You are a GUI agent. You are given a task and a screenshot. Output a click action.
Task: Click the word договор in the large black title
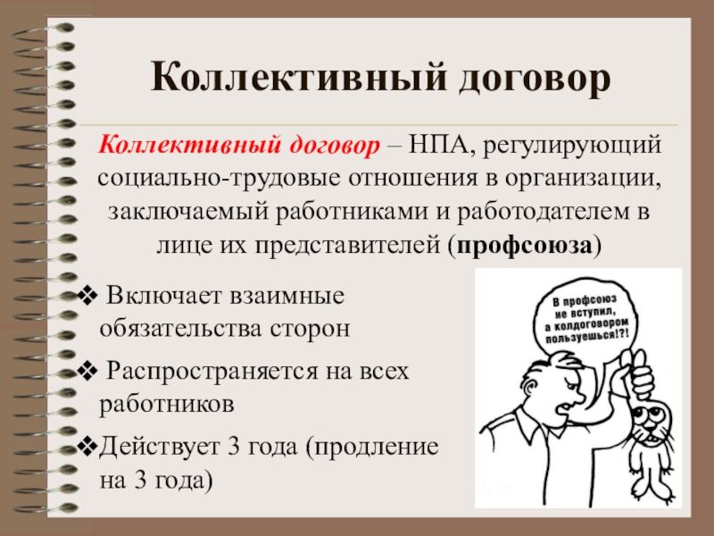(x=534, y=79)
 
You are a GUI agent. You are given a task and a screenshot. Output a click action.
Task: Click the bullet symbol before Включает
(x=87, y=297)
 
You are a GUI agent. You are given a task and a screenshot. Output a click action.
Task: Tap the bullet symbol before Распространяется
(x=87, y=371)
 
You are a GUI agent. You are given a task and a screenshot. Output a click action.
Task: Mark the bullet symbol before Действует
(x=87, y=446)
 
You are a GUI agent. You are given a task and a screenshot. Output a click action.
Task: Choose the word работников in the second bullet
(x=167, y=404)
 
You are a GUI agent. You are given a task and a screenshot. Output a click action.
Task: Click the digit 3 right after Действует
(x=234, y=446)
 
